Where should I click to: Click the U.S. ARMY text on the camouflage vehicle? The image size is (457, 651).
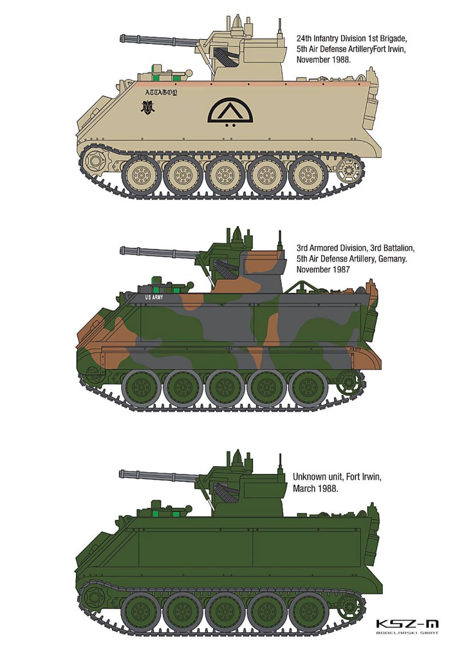coord(154,298)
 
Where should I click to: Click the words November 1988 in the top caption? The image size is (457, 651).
coord(324,59)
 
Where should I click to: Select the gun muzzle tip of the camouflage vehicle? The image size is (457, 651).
coord(122,250)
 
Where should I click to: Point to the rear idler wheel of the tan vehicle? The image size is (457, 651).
coord(347,170)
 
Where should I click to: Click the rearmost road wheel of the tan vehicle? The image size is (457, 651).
coord(307,176)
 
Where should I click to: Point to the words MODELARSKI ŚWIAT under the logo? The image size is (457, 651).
coord(407,633)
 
